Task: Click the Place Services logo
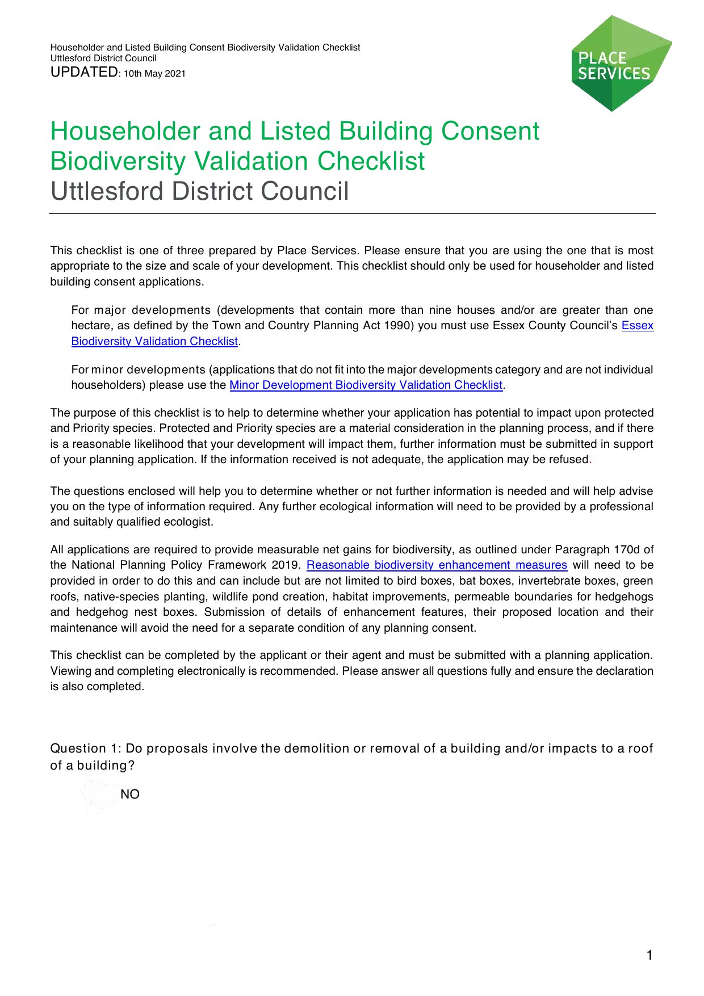(621, 64)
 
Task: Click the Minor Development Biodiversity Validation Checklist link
(366, 385)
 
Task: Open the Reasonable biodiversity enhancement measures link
(437, 565)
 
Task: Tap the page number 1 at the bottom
(649, 955)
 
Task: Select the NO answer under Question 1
(129, 795)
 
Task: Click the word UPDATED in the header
(83, 72)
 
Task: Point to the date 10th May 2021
(155, 74)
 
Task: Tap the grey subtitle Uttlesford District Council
(199, 191)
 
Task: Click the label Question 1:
(86, 749)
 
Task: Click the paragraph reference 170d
(627, 550)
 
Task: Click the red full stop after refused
(590, 460)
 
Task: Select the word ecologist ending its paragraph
(190, 522)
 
